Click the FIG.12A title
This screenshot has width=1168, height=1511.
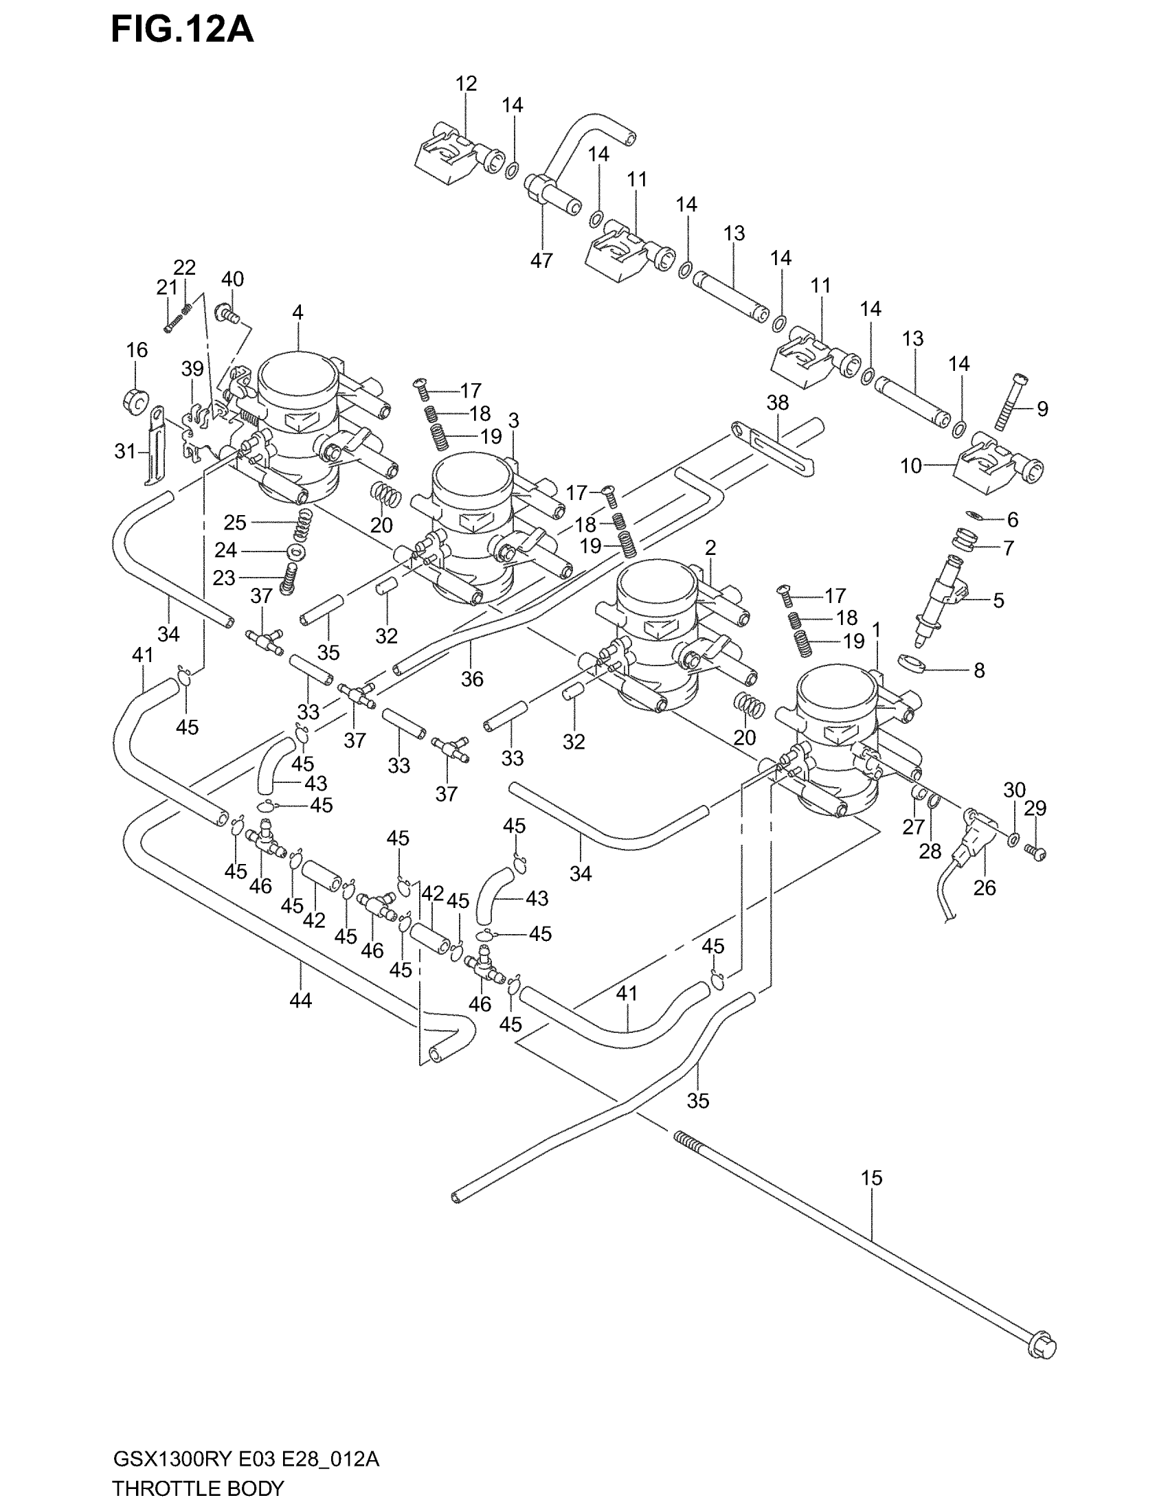click(x=182, y=30)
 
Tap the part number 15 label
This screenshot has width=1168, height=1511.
click(x=871, y=1177)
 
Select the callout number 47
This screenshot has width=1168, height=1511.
click(x=542, y=260)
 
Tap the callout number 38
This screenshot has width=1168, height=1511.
click(x=778, y=402)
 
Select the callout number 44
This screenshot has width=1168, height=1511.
click(x=301, y=1001)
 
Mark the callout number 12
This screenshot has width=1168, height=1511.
click(x=467, y=84)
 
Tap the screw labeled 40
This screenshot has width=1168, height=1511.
click(x=227, y=315)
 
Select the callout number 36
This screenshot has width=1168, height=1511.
click(x=472, y=679)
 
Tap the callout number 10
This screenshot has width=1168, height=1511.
click(x=910, y=466)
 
